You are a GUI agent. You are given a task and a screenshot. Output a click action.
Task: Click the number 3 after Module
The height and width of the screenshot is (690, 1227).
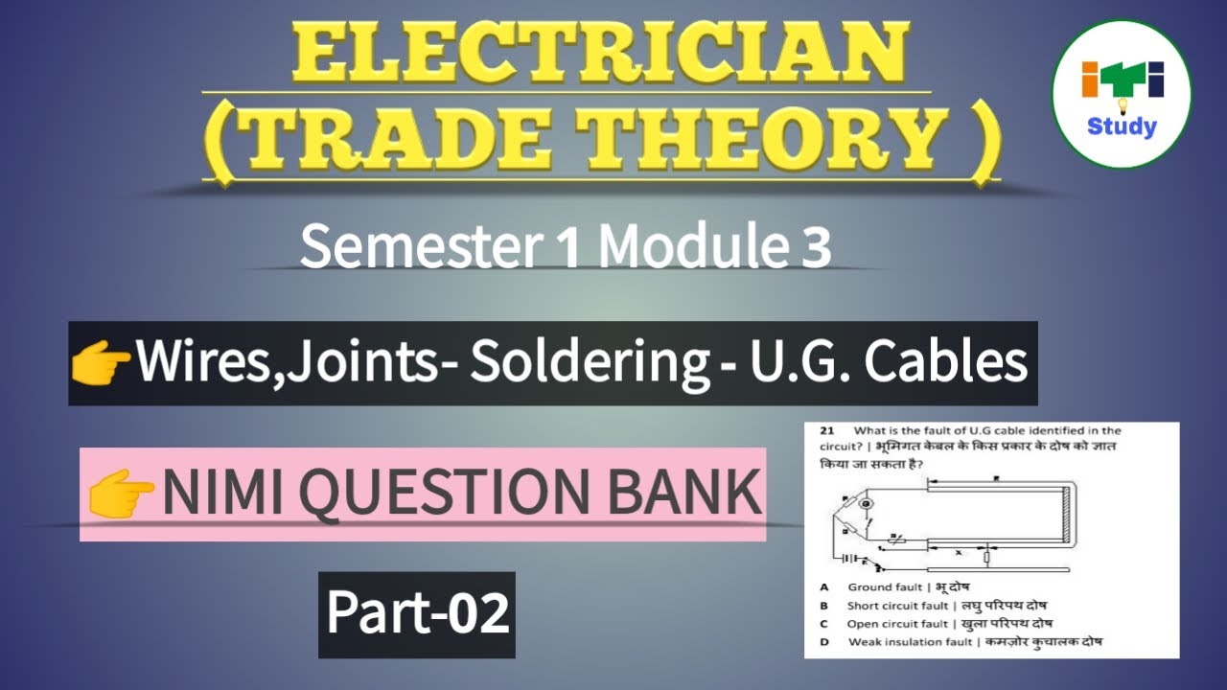tap(817, 249)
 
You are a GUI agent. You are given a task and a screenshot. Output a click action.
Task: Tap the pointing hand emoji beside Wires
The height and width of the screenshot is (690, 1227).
tap(101, 364)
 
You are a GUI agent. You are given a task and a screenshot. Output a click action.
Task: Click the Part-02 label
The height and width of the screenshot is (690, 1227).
tap(417, 614)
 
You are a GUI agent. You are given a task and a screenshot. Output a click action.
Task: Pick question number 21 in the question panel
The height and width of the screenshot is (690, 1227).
tap(826, 431)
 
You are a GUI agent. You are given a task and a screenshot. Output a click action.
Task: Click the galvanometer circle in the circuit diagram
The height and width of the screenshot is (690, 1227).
tap(865, 504)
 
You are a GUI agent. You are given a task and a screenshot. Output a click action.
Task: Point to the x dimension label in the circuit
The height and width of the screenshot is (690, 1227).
tap(958, 553)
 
